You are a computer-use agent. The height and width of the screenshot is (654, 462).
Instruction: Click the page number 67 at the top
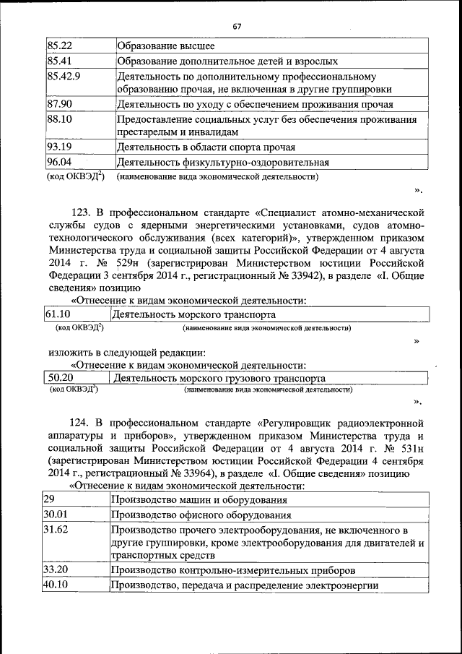point(237,27)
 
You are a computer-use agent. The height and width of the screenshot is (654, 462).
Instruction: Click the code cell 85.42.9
point(63,75)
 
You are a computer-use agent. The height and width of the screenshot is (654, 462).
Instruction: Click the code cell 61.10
point(58,314)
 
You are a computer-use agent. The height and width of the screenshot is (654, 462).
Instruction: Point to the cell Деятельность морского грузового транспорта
point(219,378)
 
